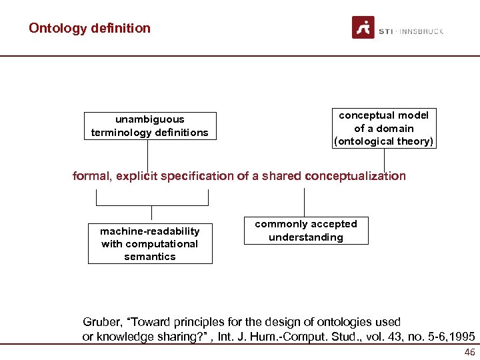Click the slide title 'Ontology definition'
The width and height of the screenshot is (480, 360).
tap(89, 28)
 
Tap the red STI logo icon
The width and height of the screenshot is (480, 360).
tap(363, 27)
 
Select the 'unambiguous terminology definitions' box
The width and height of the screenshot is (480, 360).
tap(150, 126)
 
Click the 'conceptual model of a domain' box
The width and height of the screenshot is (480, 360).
tap(384, 128)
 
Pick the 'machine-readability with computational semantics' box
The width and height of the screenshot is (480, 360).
tap(150, 243)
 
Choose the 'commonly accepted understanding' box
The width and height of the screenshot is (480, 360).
tap(306, 231)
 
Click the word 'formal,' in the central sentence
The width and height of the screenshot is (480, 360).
tap(92, 176)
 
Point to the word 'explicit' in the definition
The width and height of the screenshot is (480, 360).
tap(137, 176)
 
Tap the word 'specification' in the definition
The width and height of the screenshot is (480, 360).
tap(196, 176)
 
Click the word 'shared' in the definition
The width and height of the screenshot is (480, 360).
tap(280, 176)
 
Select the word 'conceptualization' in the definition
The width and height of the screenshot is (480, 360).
tap(355, 176)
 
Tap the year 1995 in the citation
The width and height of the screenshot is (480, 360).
tap(462, 337)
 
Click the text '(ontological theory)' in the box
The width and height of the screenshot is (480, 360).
tap(384, 141)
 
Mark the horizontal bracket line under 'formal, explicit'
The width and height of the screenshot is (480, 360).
tap(152, 191)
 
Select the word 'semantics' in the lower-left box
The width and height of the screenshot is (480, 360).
tap(150, 257)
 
